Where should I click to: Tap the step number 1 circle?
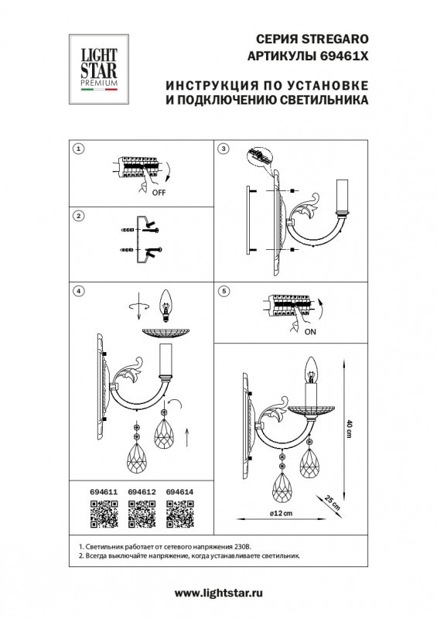point(77,147)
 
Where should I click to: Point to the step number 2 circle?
point(77,216)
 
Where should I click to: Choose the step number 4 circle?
point(77,291)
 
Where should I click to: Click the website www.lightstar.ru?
point(219,593)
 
